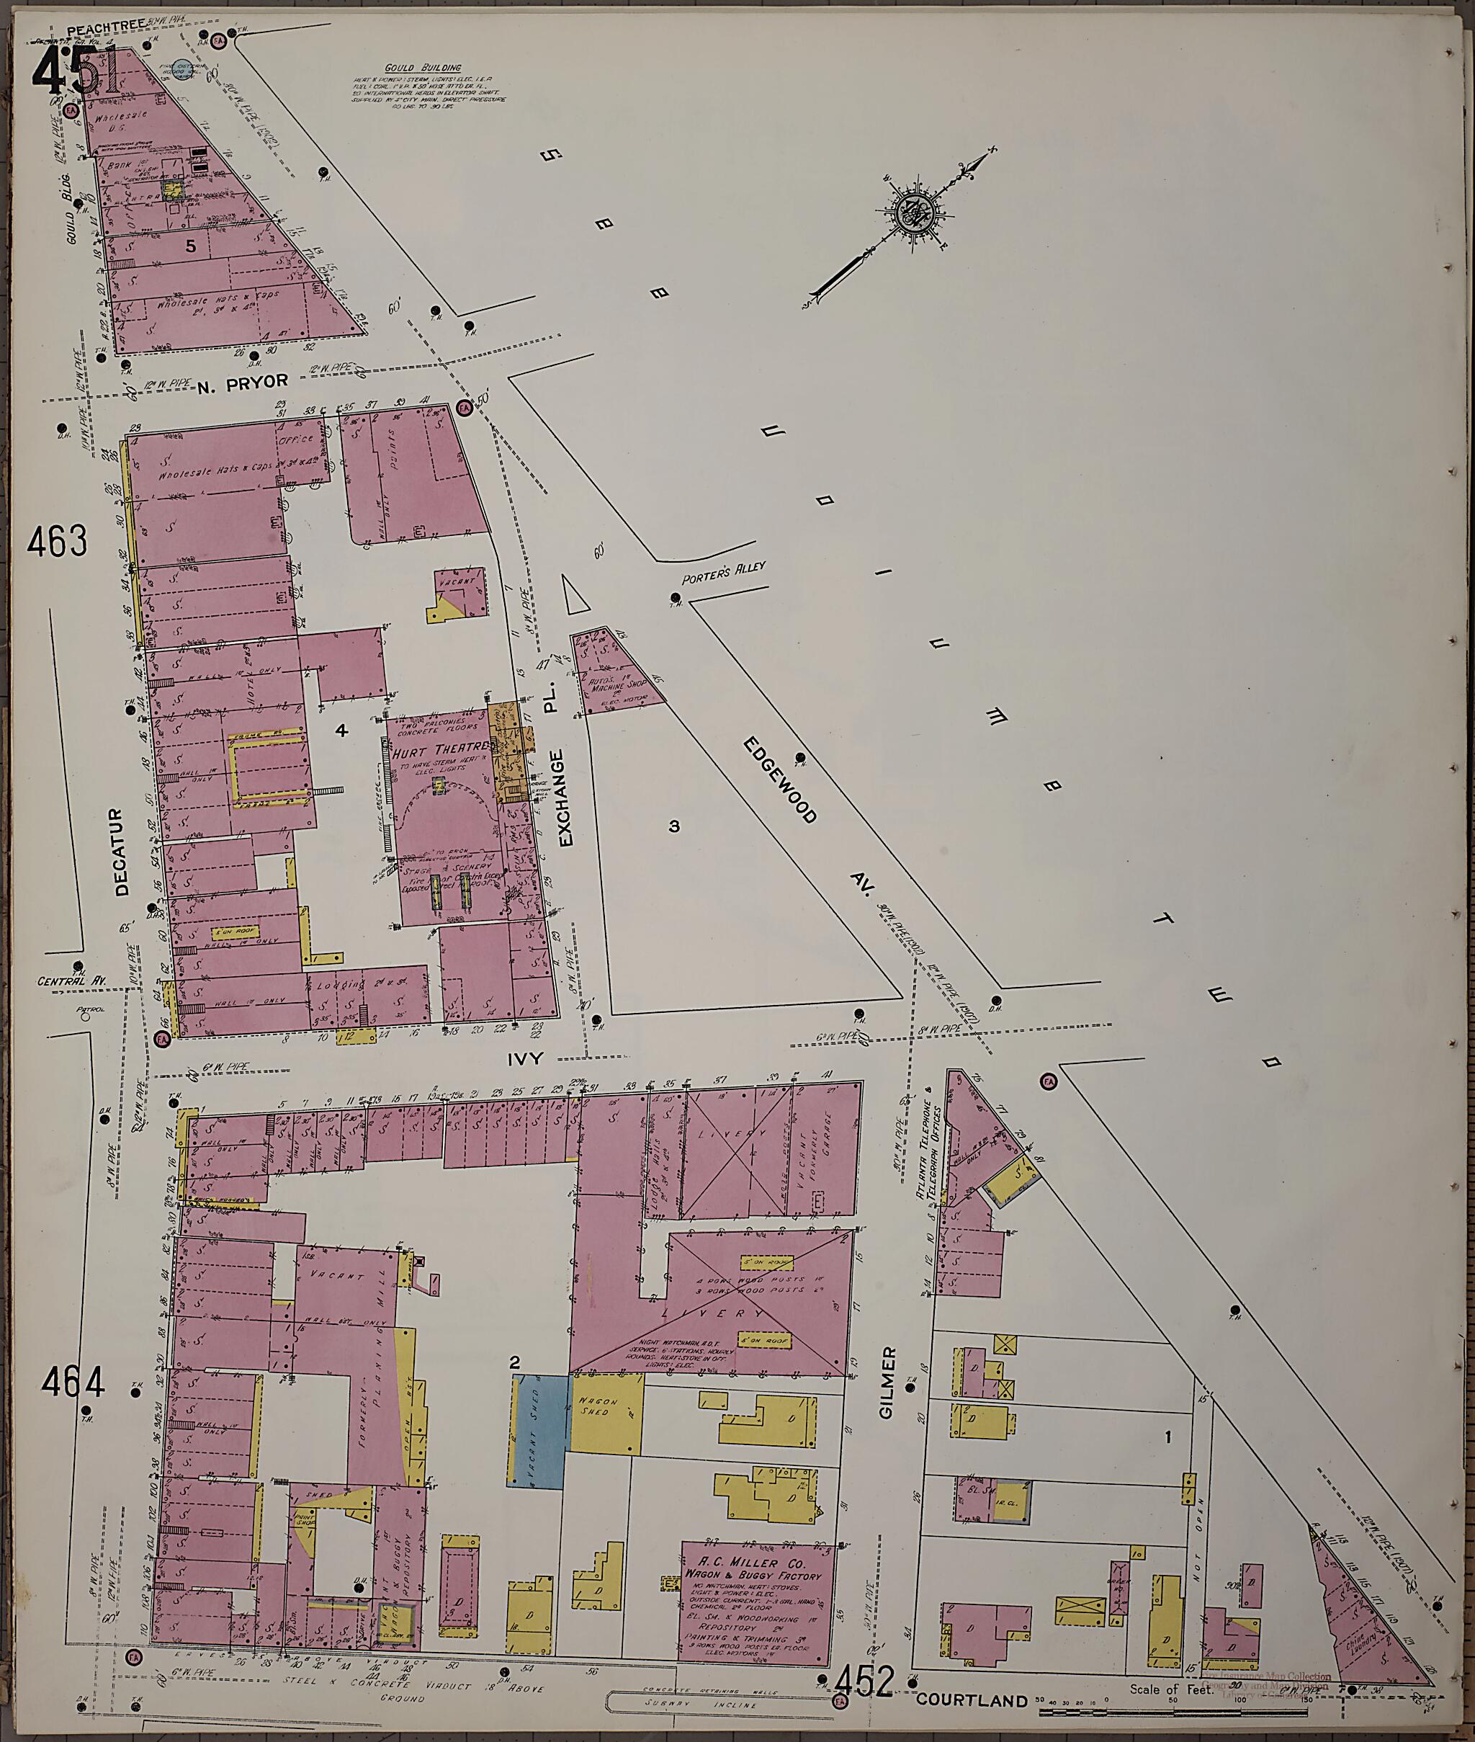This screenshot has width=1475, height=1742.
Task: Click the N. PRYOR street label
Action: coord(243,382)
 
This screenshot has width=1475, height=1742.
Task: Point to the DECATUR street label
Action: coord(123,852)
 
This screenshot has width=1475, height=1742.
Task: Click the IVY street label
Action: coord(526,1059)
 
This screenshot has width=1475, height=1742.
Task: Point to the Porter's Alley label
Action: coord(723,572)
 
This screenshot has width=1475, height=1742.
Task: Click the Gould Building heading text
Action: coord(422,68)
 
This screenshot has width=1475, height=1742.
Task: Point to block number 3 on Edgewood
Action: coord(674,827)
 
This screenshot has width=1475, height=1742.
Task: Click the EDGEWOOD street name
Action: coord(778,781)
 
